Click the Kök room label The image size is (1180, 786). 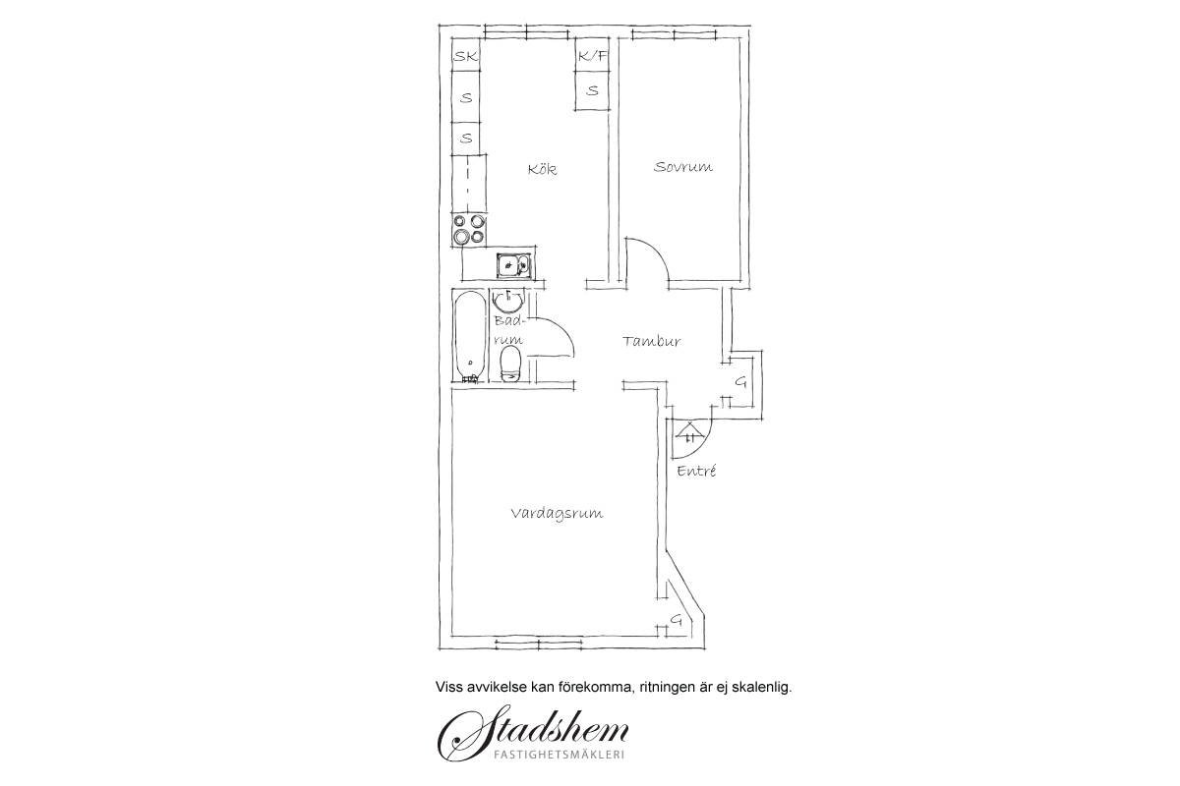[x=542, y=169]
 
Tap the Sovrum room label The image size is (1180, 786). [x=682, y=167]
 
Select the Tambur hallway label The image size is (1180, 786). [x=652, y=341]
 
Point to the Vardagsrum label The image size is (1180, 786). [x=557, y=513]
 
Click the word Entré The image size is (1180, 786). [x=696, y=470]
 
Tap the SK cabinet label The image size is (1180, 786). [x=466, y=56]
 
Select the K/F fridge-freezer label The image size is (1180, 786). [x=592, y=56]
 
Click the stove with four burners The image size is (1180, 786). [x=469, y=230]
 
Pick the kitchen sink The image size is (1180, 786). [x=513, y=265]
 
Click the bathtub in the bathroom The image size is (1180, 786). [x=469, y=336]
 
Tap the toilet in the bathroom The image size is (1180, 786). [x=510, y=364]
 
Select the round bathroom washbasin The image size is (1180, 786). [x=508, y=302]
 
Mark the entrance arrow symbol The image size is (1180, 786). [x=690, y=432]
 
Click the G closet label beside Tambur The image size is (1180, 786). [x=740, y=382]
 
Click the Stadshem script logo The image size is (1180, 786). [x=533, y=732]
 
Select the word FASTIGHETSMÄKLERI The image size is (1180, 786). [x=559, y=755]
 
